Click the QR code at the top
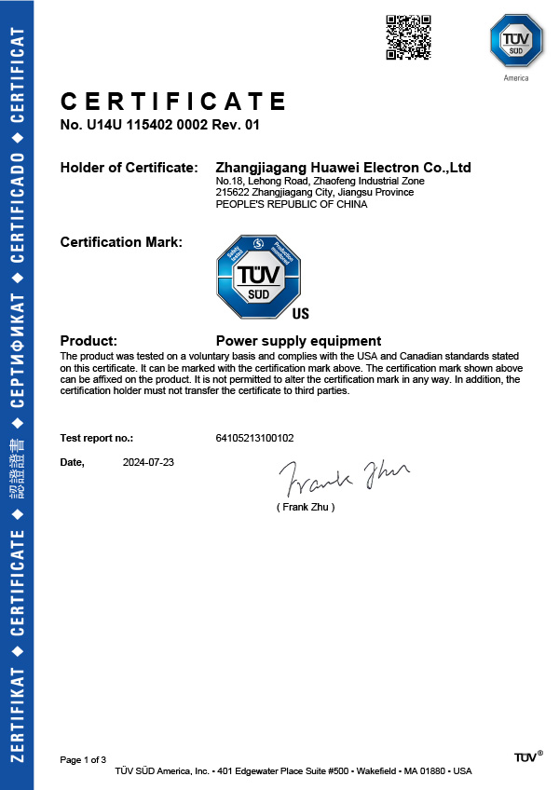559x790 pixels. tap(408, 37)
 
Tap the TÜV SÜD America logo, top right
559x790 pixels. tap(515, 43)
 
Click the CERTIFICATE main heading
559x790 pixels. tap(173, 101)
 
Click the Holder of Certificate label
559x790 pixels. tap(129, 168)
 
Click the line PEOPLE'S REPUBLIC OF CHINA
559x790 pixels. tap(291, 204)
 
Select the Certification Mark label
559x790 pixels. tap(121, 242)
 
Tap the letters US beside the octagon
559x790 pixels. tap(301, 314)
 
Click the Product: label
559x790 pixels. tap(89, 340)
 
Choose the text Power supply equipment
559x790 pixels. tap(298, 340)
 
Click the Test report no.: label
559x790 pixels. tap(97, 437)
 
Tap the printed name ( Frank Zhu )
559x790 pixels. tap(305, 507)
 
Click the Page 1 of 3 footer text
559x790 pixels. tap(89, 760)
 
